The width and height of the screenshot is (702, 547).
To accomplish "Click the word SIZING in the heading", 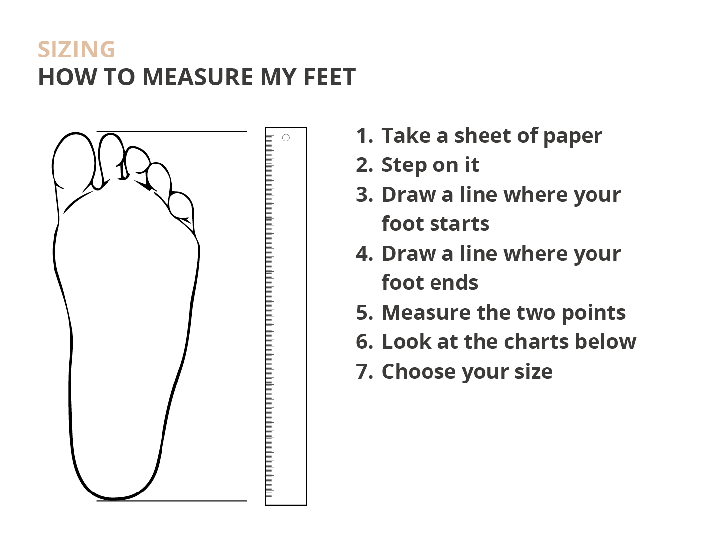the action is point(76,50).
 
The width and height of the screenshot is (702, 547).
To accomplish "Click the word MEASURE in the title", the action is point(197,77).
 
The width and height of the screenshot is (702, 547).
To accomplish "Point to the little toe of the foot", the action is point(181,207).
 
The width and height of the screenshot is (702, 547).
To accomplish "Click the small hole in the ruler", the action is point(286,138).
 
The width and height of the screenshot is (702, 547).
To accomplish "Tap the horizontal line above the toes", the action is point(171,131).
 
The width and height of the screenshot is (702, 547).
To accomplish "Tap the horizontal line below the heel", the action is point(171,501).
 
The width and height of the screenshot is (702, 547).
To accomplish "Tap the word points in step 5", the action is point(594,314).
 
